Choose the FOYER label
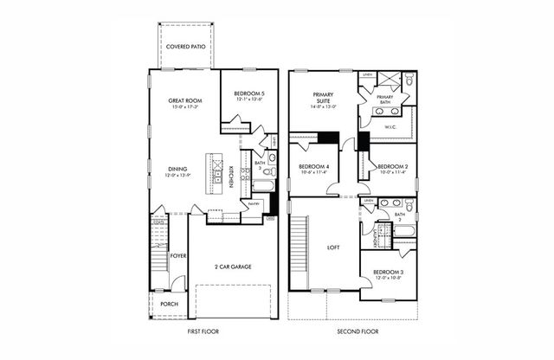(x=178, y=256)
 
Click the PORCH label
(x=169, y=304)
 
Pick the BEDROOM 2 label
(x=392, y=168)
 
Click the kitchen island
(x=209, y=174)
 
